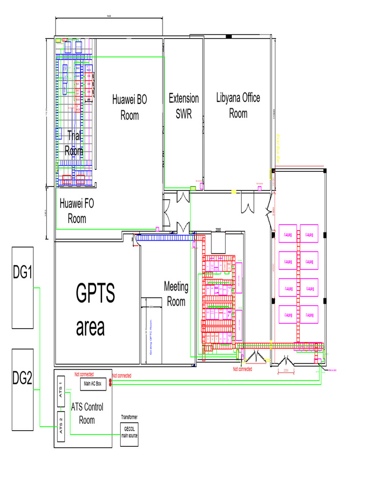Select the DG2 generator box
pos(23,389)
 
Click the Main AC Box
pos(92,384)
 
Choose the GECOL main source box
pos(129,434)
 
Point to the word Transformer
pos(129,417)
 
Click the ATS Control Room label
pos(87,413)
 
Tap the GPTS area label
pos(95,311)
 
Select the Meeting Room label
pos(176,294)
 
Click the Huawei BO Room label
pos(129,107)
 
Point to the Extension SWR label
pos(184,106)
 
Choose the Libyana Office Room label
pos(238,105)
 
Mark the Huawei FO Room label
pos(77,211)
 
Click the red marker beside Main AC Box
pos(110,383)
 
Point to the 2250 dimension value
pos(286,371)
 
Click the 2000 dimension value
pos(218,229)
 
